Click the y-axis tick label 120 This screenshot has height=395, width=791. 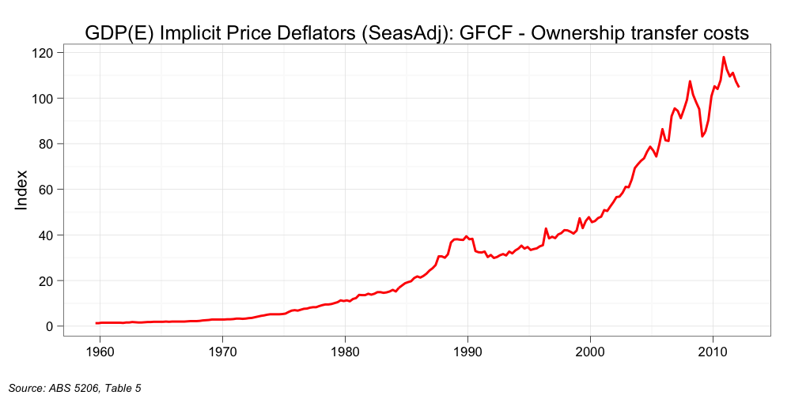tap(42, 53)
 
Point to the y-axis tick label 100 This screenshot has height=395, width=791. tap(42, 99)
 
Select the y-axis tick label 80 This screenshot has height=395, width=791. tap(45, 144)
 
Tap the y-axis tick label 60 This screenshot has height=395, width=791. tap(45, 190)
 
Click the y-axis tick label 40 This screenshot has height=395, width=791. tap(45, 235)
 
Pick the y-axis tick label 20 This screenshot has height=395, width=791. tap(45, 280)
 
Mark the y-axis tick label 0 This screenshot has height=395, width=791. tap(48, 326)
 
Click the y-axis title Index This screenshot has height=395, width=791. tap(22, 190)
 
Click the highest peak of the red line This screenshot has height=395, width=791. tap(723, 57)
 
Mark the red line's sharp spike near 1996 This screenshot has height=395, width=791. tap(546, 229)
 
